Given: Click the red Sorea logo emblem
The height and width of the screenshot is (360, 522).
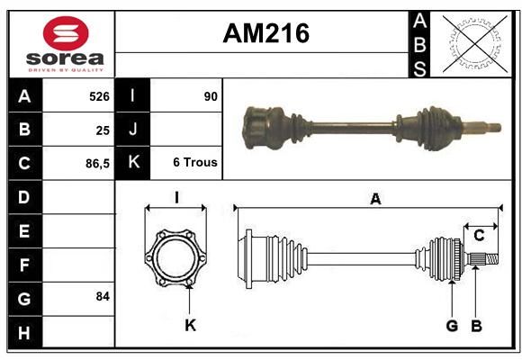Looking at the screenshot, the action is click(x=66, y=33).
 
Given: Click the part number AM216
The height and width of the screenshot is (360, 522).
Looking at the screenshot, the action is click(x=266, y=33).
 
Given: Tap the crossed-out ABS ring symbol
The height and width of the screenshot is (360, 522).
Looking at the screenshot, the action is click(x=475, y=43).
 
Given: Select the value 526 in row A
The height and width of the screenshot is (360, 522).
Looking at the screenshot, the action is click(x=99, y=96).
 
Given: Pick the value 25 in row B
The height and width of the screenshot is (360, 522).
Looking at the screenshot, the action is click(x=103, y=130).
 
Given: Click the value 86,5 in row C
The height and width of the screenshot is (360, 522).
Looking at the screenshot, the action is click(x=97, y=164).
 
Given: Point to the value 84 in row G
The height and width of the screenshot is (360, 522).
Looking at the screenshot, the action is click(x=103, y=296).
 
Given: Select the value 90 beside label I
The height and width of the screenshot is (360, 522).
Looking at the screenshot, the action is click(x=211, y=96).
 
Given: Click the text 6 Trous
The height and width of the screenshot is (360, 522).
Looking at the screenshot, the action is click(x=195, y=162).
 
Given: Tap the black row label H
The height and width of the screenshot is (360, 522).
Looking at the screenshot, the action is click(x=24, y=333).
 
